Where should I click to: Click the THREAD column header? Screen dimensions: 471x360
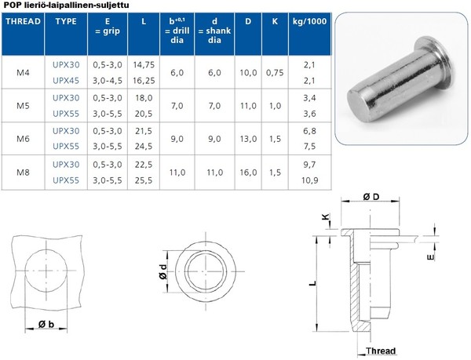(x=23, y=22)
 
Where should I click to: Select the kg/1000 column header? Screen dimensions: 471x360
(x=309, y=21)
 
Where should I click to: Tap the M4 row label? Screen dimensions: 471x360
(x=23, y=73)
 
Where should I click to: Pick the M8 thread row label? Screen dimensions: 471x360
(x=23, y=173)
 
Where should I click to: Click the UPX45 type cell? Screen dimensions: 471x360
(x=66, y=81)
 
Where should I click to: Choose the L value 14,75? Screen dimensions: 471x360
(x=144, y=65)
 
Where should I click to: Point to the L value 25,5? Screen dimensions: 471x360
(x=144, y=180)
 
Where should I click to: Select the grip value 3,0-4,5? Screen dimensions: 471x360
(x=108, y=81)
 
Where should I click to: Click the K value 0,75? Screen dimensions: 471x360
(x=275, y=73)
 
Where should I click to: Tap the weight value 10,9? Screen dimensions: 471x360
(x=310, y=180)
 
